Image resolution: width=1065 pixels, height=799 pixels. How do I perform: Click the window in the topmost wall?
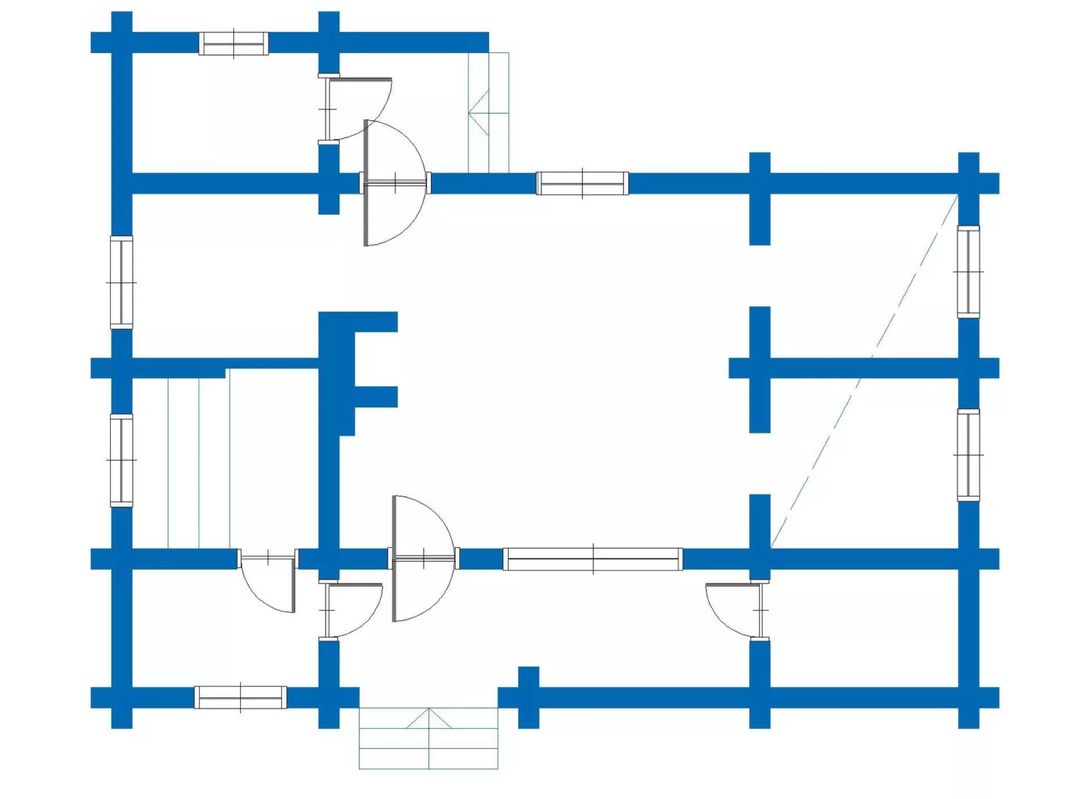click(x=233, y=43)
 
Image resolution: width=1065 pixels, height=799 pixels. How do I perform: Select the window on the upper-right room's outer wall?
click(x=968, y=272)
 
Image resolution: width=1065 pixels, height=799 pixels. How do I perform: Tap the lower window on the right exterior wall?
click(x=968, y=455)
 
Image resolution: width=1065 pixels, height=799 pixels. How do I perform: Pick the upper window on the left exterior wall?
click(x=121, y=282)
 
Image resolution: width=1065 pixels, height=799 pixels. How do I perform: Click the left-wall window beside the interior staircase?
click(x=121, y=460)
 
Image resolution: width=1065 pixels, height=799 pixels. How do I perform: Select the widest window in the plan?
click(x=592, y=559)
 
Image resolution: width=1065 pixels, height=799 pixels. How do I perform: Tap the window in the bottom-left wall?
click(x=240, y=697)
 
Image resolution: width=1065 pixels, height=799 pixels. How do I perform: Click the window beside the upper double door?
click(x=582, y=183)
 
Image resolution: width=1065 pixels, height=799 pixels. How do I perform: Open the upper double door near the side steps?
click(x=395, y=183)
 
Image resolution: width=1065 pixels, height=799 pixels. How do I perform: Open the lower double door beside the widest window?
click(x=423, y=558)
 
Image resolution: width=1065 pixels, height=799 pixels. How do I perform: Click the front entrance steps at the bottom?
click(x=428, y=739)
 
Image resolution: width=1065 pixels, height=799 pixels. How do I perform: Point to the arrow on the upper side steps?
click(x=479, y=113)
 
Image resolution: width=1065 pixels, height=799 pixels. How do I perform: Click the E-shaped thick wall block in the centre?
click(x=345, y=371)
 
